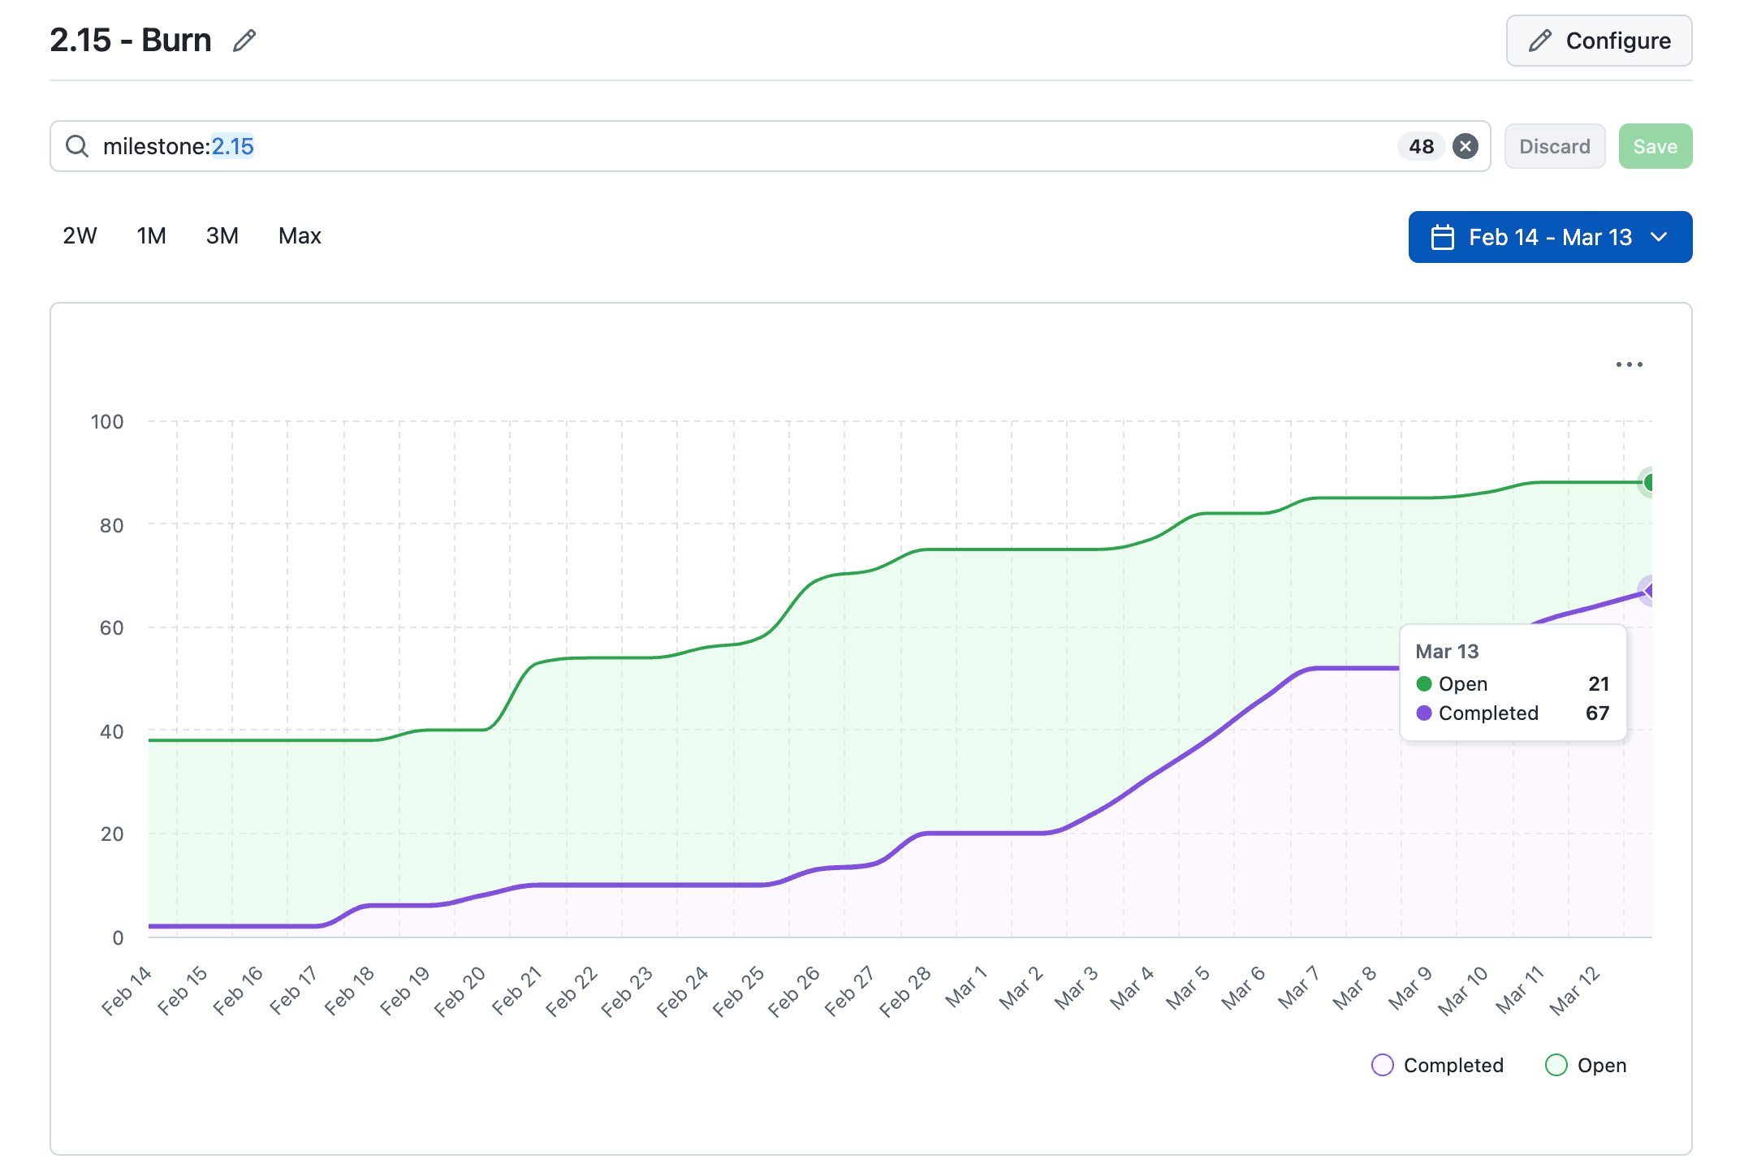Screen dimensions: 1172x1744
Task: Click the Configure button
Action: point(1598,41)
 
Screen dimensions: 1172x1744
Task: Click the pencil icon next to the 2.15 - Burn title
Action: point(244,41)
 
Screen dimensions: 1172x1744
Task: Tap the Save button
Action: point(1654,146)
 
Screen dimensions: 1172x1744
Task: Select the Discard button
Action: point(1554,146)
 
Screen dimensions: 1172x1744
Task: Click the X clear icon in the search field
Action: point(1465,146)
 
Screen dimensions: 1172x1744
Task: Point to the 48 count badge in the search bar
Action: point(1421,146)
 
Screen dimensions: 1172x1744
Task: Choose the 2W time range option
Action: point(80,236)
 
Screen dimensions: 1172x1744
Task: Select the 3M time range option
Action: point(222,236)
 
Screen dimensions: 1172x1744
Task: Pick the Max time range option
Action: point(300,236)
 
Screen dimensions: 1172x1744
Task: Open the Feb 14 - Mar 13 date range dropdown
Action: point(1549,237)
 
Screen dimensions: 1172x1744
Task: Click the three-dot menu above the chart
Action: point(1629,364)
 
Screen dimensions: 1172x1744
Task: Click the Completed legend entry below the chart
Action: point(1437,1065)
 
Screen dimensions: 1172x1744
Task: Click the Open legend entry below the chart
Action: point(1586,1065)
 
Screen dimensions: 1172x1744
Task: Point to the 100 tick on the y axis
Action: point(107,421)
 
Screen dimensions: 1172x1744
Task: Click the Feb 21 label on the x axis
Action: point(517,990)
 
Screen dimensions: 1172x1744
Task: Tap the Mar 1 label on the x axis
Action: point(965,987)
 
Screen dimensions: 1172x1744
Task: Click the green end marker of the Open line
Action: point(1650,483)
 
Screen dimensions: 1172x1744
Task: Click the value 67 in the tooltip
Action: point(1596,713)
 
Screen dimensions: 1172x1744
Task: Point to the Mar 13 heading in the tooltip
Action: point(1447,651)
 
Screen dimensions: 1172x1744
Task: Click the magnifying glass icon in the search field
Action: point(77,146)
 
